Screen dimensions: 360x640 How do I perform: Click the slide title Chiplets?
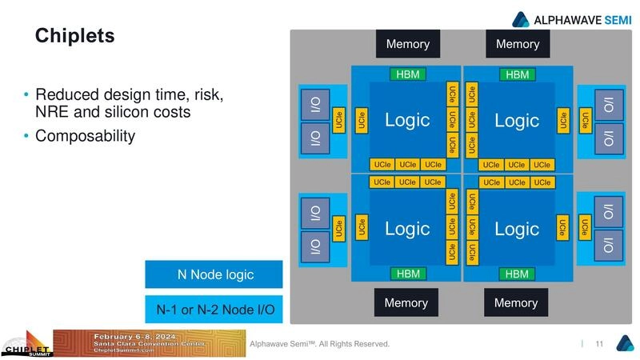74,36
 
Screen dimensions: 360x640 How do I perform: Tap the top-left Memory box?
407,44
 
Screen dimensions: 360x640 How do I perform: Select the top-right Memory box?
518,44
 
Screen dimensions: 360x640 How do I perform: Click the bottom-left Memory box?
406,303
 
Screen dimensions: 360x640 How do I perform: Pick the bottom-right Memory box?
516,303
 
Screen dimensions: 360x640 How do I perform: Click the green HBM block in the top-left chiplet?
407,74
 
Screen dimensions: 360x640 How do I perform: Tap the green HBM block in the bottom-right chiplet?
518,274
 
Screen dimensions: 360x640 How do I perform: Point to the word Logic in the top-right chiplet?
517,121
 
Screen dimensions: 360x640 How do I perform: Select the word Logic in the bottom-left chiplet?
407,229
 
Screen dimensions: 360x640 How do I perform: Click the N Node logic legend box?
214,274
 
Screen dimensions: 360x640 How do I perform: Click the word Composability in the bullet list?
85,137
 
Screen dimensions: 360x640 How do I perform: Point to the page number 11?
599,344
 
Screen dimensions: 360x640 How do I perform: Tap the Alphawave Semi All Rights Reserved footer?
319,344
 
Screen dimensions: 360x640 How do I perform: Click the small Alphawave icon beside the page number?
623,343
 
